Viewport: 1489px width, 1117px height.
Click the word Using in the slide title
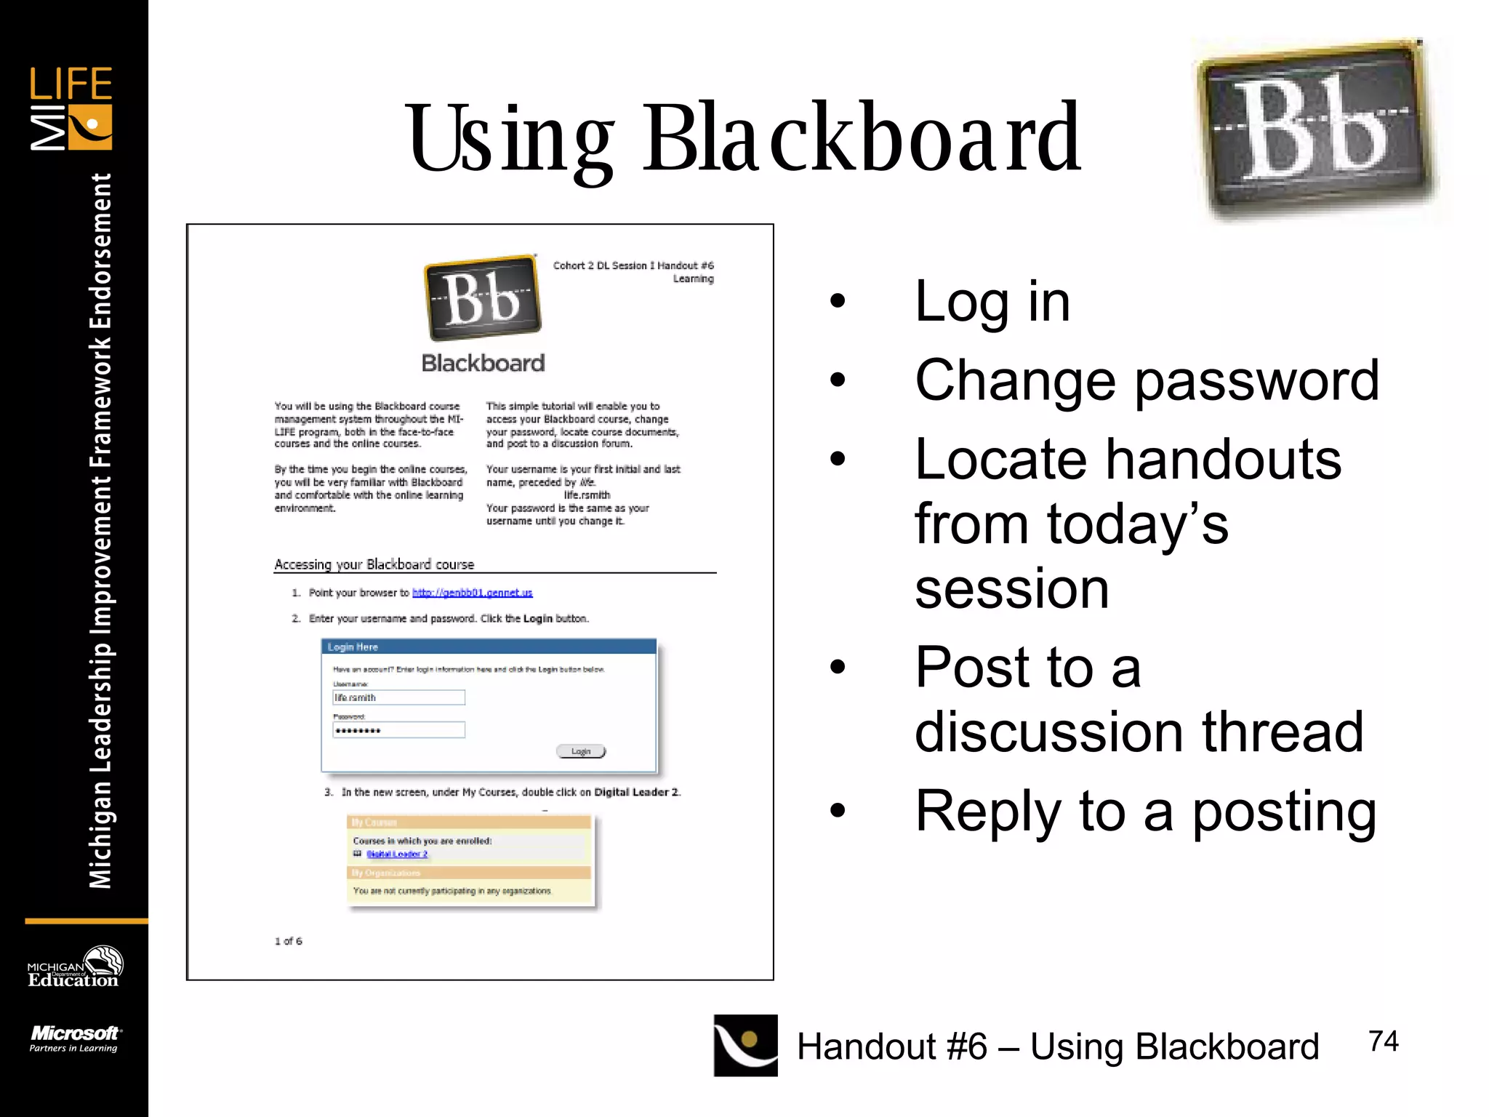[x=509, y=138]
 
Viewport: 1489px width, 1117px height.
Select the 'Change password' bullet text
[x=1147, y=380]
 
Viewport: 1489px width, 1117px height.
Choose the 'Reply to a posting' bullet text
[x=1145, y=811]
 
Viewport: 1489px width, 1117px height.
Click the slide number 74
[x=1383, y=1041]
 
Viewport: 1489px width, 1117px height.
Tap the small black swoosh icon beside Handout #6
[x=745, y=1045]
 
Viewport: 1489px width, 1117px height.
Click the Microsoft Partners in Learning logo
[x=74, y=1038]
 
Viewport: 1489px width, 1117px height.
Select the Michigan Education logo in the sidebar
[x=74, y=968]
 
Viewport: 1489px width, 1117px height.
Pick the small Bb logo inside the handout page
[x=483, y=298]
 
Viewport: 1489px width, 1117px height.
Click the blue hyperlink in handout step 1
[x=472, y=593]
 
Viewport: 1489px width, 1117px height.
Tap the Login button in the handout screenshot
[x=580, y=751]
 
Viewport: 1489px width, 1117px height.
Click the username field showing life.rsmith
[x=398, y=697]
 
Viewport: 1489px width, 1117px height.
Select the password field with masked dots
[x=398, y=730]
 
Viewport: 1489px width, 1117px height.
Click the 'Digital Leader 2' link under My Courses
[x=397, y=854]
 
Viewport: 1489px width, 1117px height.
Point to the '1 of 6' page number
[x=288, y=941]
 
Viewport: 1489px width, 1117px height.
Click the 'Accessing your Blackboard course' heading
[x=374, y=564]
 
